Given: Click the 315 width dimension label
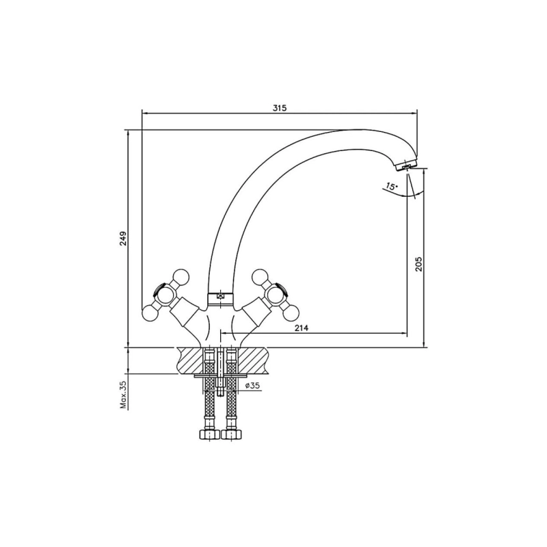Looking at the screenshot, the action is [x=280, y=108].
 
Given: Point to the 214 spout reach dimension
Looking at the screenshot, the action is [x=302, y=328].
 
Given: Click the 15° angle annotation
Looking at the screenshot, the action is [x=391, y=186].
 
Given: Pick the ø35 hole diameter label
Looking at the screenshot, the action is [x=252, y=386].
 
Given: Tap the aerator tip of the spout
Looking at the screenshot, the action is [x=405, y=167].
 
